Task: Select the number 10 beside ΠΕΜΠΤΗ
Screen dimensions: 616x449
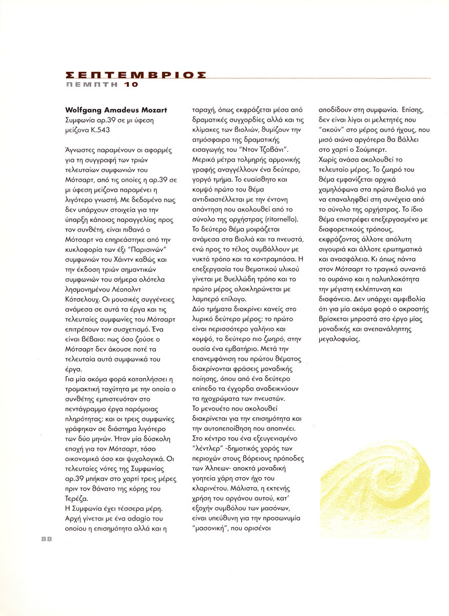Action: (x=131, y=85)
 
